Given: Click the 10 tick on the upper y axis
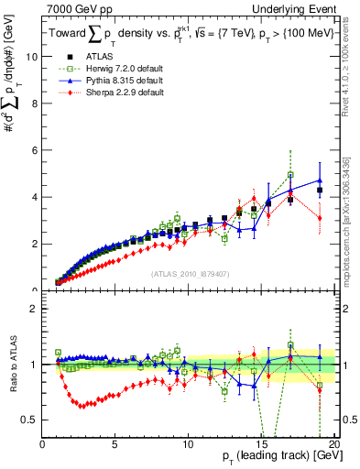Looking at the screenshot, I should pos(32,56).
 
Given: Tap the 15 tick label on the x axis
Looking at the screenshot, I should pos(261,444).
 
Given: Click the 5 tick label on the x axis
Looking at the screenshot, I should pos(115,444).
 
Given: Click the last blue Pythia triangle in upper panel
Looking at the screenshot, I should pos(320,180).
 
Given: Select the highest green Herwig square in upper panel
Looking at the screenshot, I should pos(290,174).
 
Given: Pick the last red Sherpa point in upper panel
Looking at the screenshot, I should pos(320,218).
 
